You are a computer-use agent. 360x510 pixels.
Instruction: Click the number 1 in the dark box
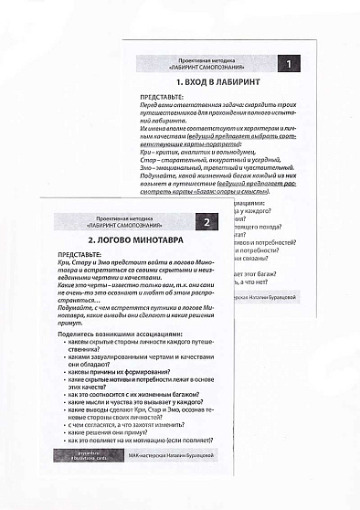click(289, 64)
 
